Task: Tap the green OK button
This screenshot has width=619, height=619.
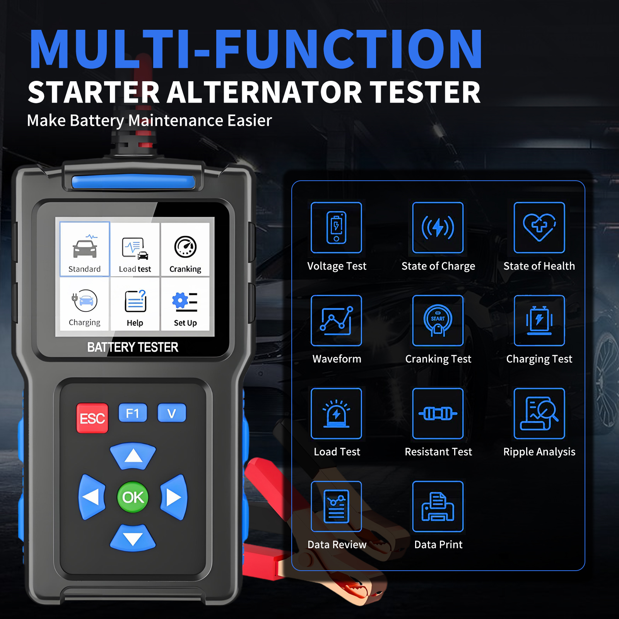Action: [x=133, y=497]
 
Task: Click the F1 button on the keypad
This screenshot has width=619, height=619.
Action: [x=133, y=413]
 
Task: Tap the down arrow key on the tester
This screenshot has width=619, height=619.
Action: [x=133, y=538]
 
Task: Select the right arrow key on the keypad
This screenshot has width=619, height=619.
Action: [x=174, y=497]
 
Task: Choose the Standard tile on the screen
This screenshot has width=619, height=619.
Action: [x=85, y=249]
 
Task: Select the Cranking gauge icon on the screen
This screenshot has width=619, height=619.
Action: [x=185, y=247]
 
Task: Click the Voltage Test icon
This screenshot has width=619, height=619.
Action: [x=336, y=227]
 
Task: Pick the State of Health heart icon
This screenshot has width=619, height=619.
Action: [x=539, y=227]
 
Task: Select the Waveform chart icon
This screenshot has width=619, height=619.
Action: [x=336, y=320]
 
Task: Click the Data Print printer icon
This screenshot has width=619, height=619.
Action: [x=438, y=506]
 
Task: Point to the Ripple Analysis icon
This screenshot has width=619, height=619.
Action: [x=539, y=414]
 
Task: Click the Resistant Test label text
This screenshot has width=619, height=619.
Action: [x=438, y=451]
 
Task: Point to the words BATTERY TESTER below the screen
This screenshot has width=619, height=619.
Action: [x=133, y=347]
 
